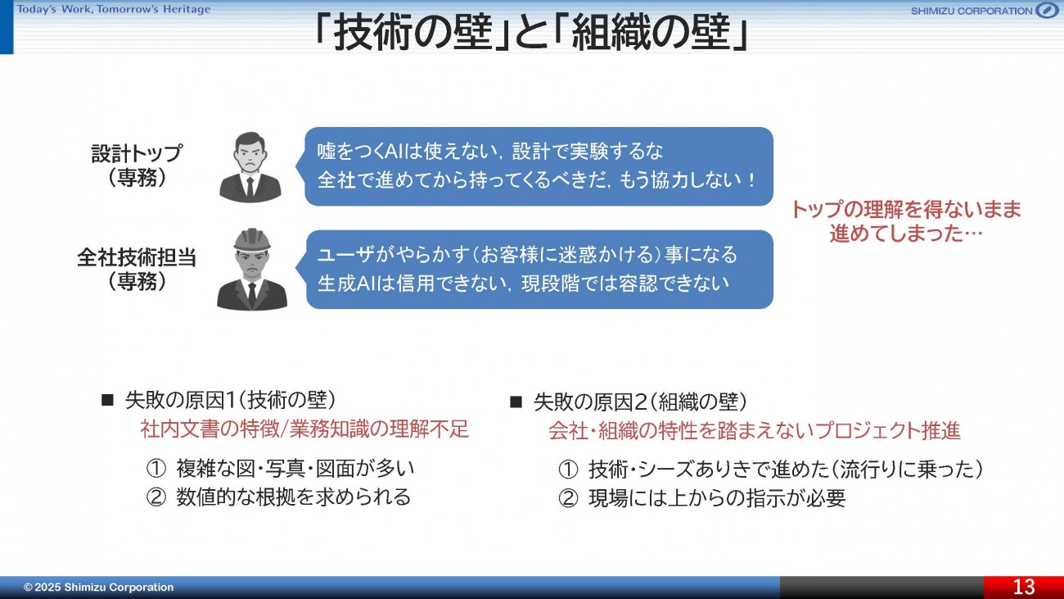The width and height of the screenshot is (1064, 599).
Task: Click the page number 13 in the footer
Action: pyautogui.click(x=1024, y=587)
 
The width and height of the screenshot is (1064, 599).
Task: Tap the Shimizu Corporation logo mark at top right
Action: pyautogui.click(x=1047, y=10)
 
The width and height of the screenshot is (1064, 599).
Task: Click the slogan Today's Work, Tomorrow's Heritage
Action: pyautogui.click(x=114, y=10)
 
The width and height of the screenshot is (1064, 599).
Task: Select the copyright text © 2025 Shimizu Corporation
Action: pyautogui.click(x=99, y=587)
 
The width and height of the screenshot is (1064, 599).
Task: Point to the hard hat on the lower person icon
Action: pyautogui.click(x=252, y=239)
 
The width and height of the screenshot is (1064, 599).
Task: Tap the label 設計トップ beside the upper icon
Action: pyautogui.click(x=137, y=153)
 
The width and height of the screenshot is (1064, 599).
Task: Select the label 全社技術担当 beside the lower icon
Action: pyautogui.click(x=137, y=257)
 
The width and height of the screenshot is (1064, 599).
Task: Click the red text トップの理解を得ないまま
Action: pyautogui.click(x=906, y=209)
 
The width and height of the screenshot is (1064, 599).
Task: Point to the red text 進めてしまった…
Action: pyautogui.click(x=906, y=234)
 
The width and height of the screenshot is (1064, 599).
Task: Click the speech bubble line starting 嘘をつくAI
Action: pyautogui.click(x=489, y=152)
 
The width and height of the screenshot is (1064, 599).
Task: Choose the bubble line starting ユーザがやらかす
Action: pyautogui.click(x=527, y=254)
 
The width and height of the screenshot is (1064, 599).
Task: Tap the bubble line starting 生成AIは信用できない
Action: pyautogui.click(x=523, y=284)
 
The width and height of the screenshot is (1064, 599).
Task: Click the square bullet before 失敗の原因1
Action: pyautogui.click(x=107, y=400)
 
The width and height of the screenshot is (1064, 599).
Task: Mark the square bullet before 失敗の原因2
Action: pyautogui.click(x=516, y=402)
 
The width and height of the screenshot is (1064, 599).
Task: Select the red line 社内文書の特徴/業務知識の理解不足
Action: pyautogui.click(x=304, y=429)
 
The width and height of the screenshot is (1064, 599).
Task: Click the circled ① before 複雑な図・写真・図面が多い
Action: pyautogui.click(x=156, y=469)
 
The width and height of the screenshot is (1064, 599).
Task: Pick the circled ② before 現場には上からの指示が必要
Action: pyautogui.click(x=568, y=499)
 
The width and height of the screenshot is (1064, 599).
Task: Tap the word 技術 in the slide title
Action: pyautogui.click(x=373, y=33)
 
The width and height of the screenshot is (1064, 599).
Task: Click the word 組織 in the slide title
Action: pyautogui.click(x=611, y=33)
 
